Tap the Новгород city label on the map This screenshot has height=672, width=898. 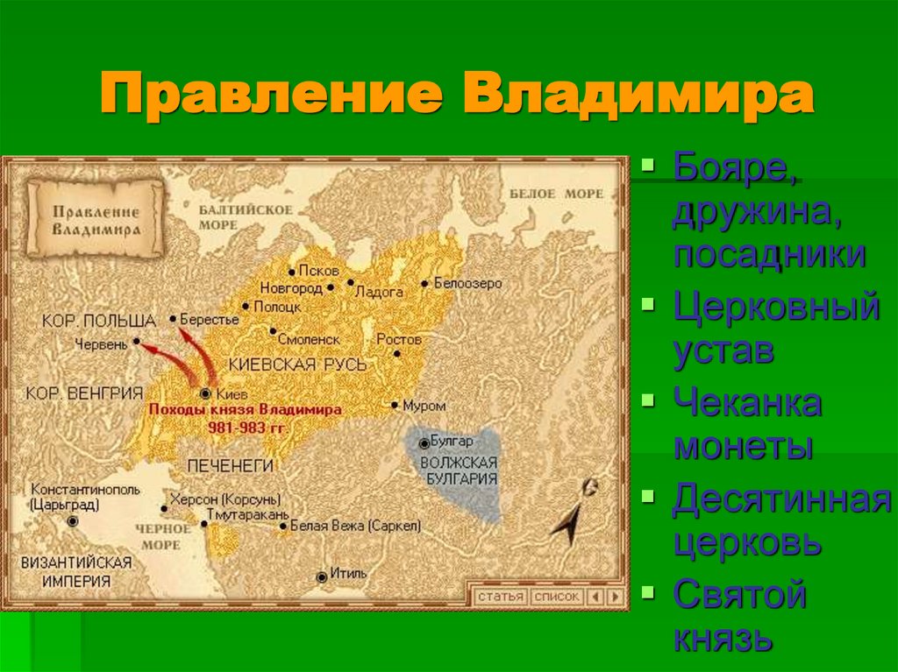pos(294,287)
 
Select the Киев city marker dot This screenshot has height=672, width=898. pos(206,394)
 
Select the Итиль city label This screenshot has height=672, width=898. pos(348,574)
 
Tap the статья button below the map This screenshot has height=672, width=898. pos(501,597)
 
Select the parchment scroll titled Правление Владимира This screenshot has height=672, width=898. pos(96,218)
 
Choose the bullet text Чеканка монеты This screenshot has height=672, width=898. pos(747,425)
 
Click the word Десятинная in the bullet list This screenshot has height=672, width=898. pos(775,500)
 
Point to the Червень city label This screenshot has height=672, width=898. pos(101,343)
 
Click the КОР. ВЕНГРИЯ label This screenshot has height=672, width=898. pos(84,393)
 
